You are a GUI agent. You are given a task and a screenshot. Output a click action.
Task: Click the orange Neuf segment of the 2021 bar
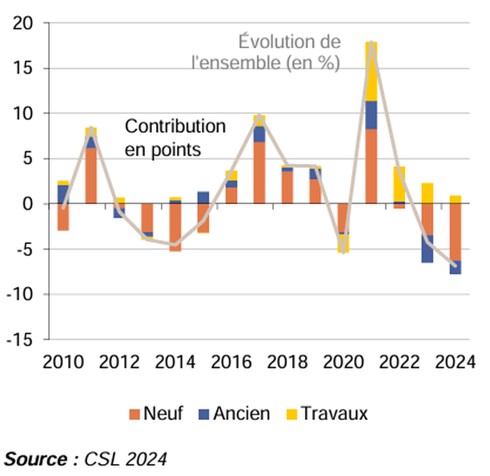372,166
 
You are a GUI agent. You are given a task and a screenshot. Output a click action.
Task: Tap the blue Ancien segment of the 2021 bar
372,115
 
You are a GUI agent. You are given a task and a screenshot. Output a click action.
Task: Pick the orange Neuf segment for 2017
259,173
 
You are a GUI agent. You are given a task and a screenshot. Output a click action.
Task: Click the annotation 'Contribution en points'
175,138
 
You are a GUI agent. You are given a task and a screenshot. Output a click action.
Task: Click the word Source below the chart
37,459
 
